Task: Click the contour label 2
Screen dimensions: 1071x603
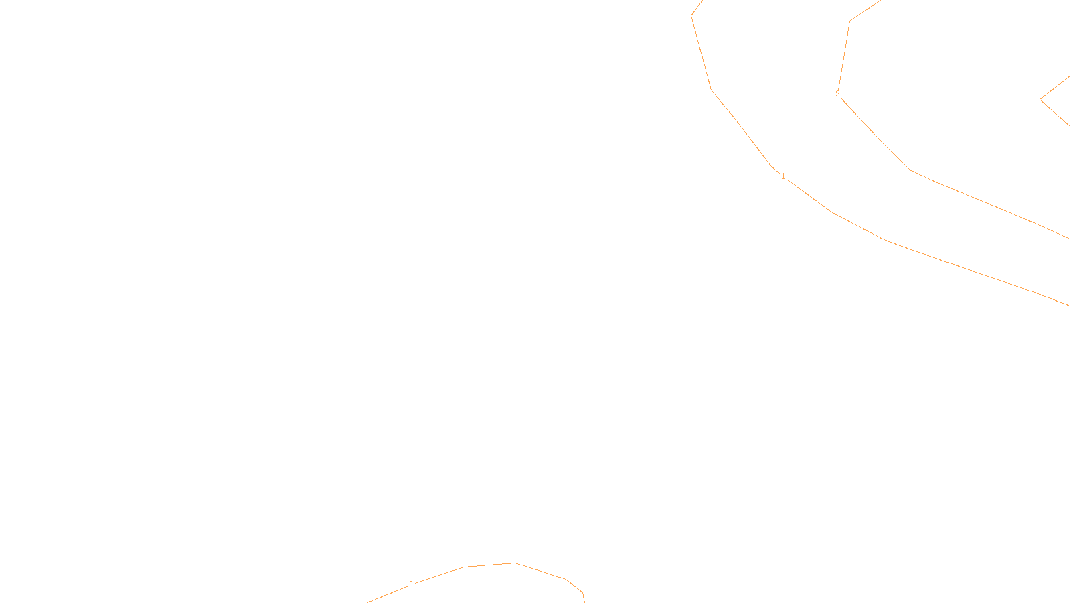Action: click(x=837, y=94)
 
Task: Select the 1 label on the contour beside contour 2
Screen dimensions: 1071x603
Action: click(x=783, y=176)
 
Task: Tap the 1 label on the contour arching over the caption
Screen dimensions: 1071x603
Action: click(x=412, y=584)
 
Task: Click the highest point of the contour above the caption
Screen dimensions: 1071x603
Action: click(x=514, y=563)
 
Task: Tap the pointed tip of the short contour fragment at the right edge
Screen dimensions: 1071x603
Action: click(x=1040, y=100)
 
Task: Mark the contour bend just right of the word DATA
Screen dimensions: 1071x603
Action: click(x=582, y=593)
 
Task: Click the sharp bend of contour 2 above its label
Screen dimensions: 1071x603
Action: click(x=850, y=21)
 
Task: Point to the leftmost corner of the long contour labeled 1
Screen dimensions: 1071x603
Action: click(x=691, y=16)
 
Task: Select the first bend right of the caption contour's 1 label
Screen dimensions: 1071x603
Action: click(x=464, y=567)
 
